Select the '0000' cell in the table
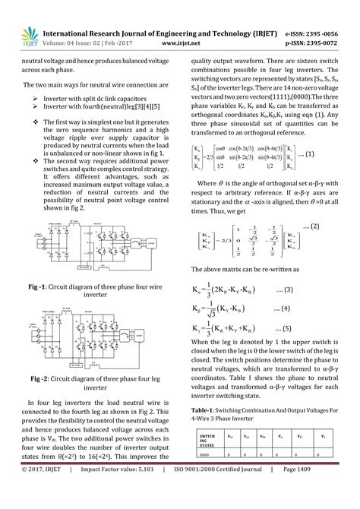click(x=204, y=454)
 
